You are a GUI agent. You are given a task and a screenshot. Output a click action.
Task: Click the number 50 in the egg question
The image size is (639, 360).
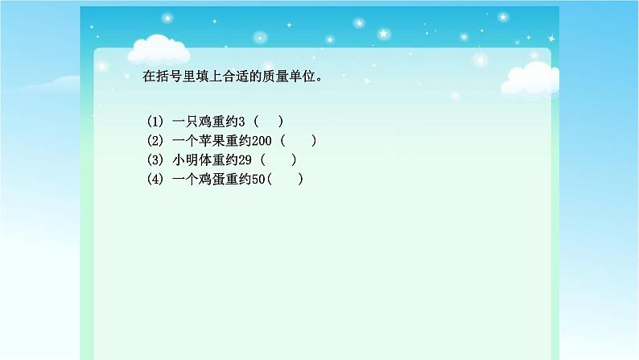click(258, 179)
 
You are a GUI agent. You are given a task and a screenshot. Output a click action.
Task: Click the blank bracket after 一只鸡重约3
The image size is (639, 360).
click(268, 122)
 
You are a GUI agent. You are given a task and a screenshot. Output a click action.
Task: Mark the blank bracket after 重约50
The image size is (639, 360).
click(285, 179)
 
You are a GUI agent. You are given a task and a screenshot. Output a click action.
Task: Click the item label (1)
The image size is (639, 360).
click(155, 122)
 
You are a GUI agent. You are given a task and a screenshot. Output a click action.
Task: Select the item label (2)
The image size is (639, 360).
click(155, 140)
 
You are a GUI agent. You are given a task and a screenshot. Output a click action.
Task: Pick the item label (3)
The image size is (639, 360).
click(155, 159)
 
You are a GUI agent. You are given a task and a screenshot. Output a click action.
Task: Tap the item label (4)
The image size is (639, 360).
click(155, 179)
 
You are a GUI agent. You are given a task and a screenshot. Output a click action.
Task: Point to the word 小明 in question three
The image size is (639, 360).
click(185, 159)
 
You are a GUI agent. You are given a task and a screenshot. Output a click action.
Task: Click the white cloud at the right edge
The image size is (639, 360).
click(531, 77)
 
